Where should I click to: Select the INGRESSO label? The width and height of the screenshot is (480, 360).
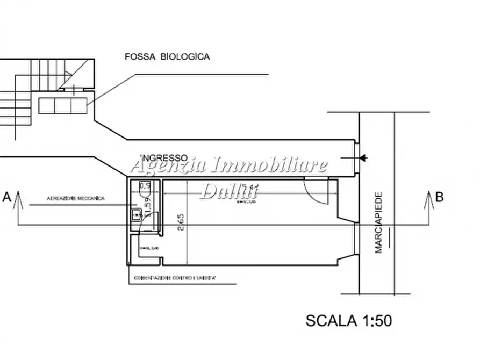point(163,157)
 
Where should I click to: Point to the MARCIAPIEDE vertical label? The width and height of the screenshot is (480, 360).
point(378,222)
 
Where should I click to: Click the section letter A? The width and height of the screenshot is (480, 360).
point(7,197)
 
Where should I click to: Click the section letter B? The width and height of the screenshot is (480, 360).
point(439,197)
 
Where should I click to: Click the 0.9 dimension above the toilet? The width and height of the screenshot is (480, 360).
point(144,186)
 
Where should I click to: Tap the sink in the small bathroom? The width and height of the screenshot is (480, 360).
point(137,215)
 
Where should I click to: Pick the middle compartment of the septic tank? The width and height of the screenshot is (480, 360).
point(63,105)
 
